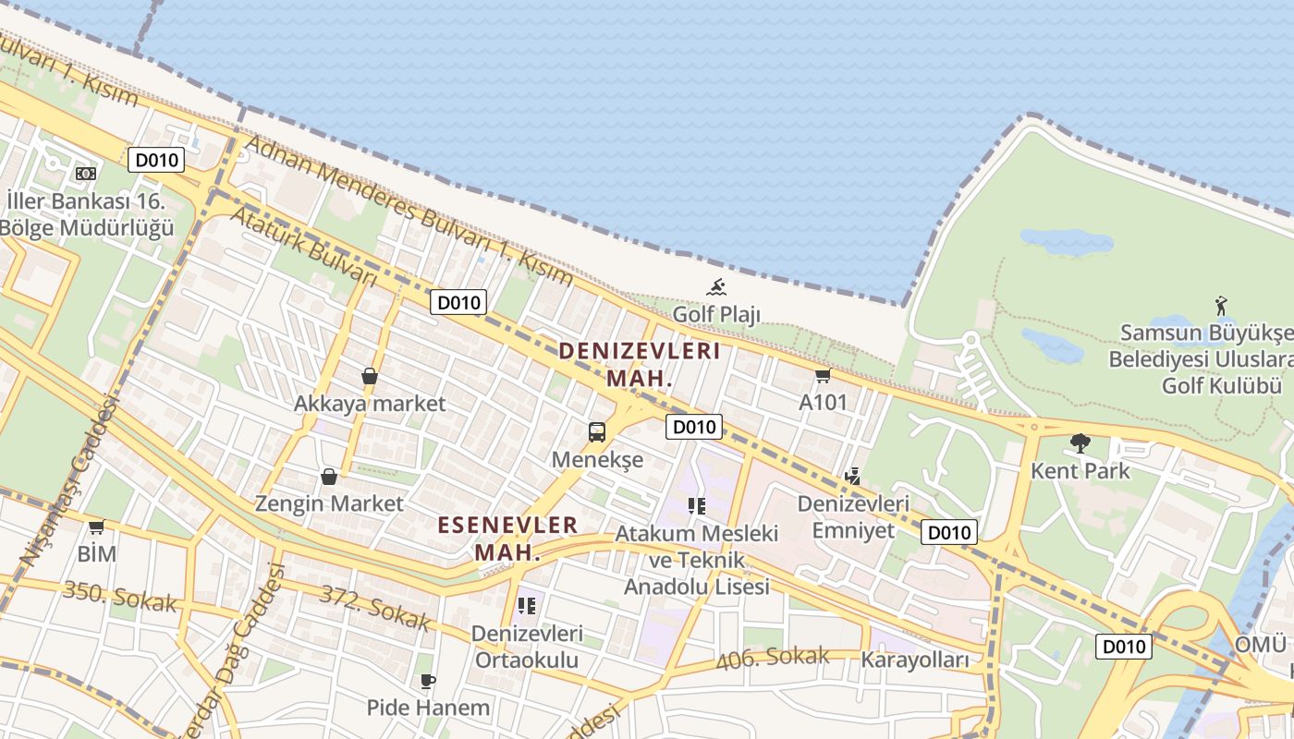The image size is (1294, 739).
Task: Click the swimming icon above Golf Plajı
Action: coord(716,286)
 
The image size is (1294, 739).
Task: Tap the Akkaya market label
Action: coord(370,404)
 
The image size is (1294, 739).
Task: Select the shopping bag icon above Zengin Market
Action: coord(328,477)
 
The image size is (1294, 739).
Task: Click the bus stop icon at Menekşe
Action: coord(597,431)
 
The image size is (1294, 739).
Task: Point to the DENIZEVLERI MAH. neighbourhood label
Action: coord(639,364)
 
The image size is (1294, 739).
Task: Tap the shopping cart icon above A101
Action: coord(823,375)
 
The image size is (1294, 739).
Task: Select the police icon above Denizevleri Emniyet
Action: coord(852,477)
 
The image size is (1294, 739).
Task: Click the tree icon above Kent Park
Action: coord(1080,443)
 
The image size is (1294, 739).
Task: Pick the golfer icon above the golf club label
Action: coord(1221,304)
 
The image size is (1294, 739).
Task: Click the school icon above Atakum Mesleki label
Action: coord(697,506)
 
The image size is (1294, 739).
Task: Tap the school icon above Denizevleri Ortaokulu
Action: coord(527,606)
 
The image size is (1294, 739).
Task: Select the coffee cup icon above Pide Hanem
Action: coord(427,681)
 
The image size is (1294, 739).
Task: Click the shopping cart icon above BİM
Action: coord(96,527)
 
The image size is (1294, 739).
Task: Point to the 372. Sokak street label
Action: coord(374,608)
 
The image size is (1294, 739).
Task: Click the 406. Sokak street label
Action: coord(773,658)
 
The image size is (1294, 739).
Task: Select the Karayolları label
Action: coord(915,660)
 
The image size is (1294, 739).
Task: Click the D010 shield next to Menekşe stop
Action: coord(693,427)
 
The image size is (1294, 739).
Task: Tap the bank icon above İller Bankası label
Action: coord(86,173)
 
